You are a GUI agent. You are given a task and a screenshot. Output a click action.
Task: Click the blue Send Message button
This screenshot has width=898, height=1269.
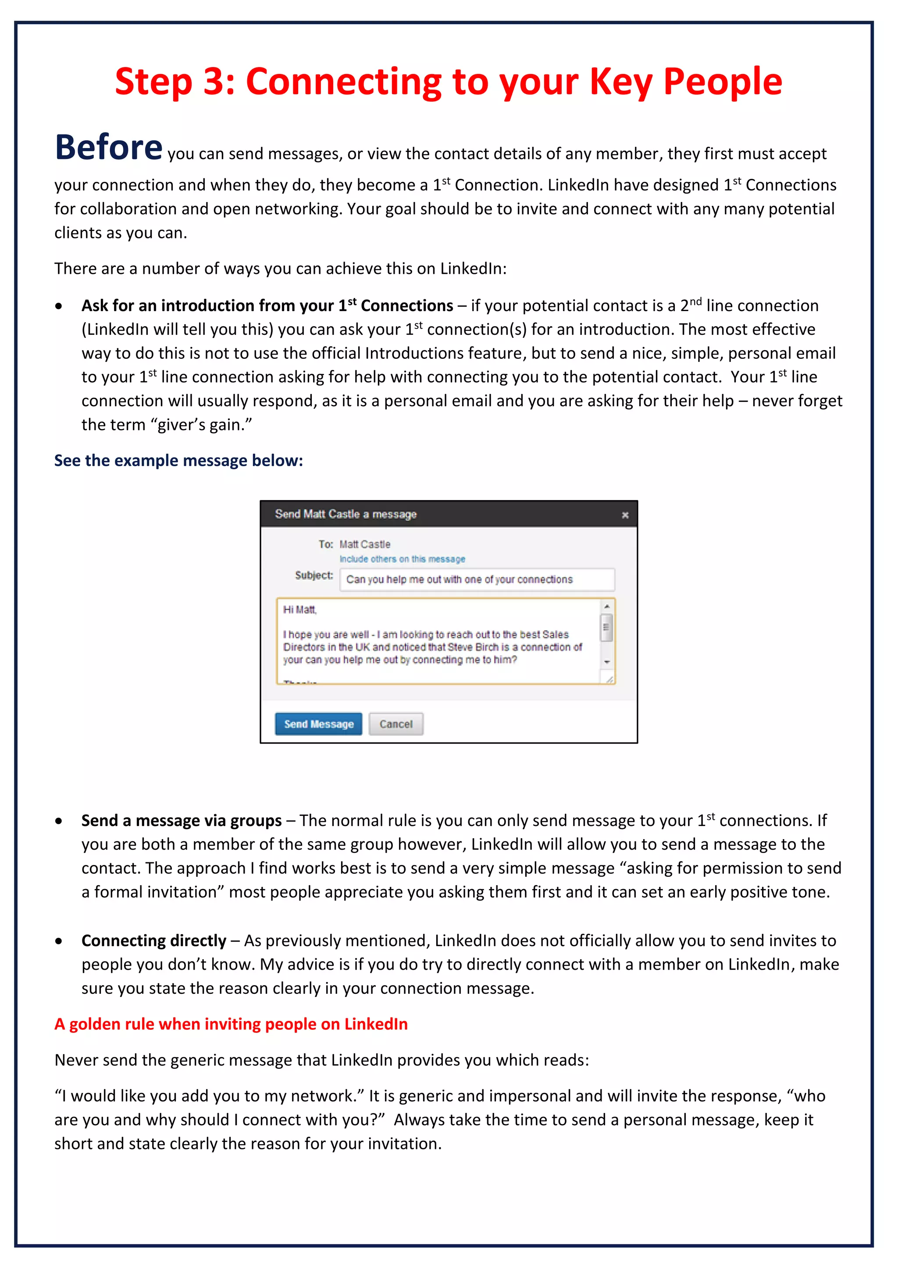tap(318, 724)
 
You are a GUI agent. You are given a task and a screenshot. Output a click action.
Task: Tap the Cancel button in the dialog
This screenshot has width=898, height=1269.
tap(396, 724)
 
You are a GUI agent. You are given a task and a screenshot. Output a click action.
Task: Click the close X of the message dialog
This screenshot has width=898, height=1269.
tap(625, 515)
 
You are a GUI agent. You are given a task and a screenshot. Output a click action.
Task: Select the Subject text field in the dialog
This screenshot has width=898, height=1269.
tap(477, 580)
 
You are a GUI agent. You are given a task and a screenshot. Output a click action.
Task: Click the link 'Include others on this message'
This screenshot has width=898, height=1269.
tap(402, 559)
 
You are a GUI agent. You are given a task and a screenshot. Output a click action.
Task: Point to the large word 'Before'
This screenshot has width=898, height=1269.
tap(108, 148)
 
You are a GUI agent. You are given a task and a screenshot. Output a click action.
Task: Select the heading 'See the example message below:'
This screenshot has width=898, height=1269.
tap(178, 461)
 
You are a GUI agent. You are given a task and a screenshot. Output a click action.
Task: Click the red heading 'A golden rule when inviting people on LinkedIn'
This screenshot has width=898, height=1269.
tap(231, 1024)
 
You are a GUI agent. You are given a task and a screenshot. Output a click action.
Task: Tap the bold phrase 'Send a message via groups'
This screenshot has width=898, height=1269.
tap(182, 821)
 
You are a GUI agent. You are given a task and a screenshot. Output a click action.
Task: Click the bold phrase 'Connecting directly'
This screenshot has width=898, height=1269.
tap(154, 941)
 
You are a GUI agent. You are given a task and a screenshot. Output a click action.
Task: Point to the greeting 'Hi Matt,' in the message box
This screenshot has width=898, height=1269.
tap(300, 610)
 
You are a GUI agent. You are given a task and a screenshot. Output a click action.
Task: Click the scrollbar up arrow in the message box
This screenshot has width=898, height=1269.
tap(606, 606)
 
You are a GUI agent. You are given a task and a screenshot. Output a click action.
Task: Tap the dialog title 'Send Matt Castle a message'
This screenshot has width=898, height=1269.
tap(346, 514)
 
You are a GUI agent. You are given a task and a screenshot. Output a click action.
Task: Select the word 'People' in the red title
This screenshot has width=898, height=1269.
tap(722, 82)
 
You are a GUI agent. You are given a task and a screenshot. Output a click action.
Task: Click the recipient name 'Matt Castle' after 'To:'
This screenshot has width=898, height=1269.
tap(365, 544)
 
